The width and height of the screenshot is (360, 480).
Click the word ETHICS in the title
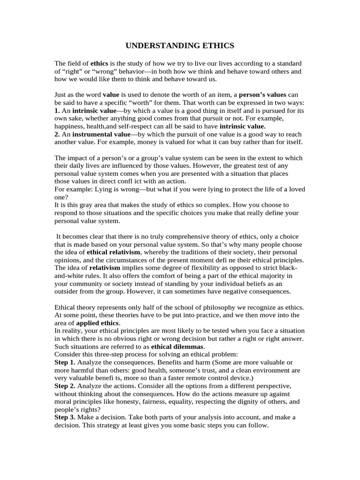tap(216, 46)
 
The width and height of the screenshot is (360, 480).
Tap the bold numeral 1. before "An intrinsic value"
tap(57, 111)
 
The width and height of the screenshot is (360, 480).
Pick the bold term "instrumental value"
tap(101, 134)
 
